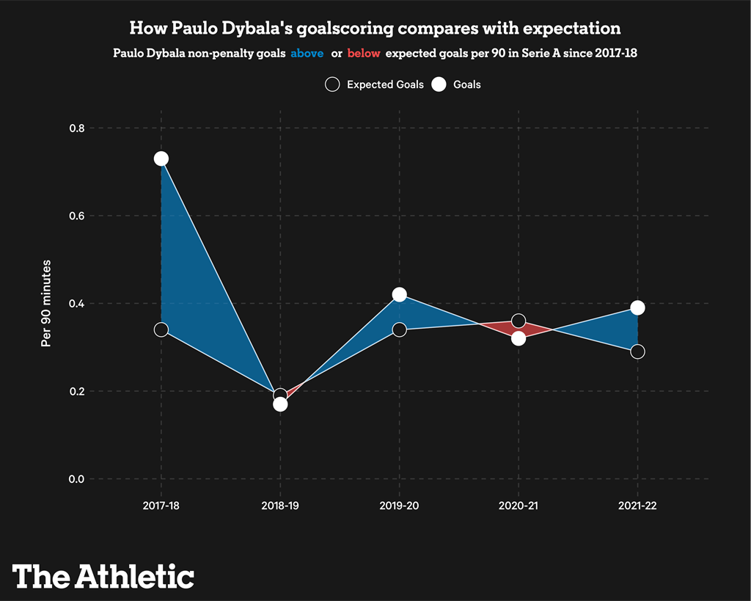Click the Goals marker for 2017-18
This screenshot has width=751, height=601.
coord(161,159)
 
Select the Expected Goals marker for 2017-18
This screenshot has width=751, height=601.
coord(161,329)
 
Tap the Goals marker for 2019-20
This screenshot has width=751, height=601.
coord(399,294)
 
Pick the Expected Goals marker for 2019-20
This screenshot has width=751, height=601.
coord(399,329)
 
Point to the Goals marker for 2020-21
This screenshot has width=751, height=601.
coord(519,338)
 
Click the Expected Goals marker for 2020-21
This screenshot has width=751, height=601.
coord(519,321)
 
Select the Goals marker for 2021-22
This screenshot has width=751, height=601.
coord(637,307)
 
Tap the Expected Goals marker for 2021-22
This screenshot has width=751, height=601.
coord(637,352)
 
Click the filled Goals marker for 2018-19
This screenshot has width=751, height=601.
coord(280,404)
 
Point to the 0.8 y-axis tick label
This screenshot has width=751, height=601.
coord(76,128)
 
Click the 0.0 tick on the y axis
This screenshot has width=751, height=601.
coord(76,479)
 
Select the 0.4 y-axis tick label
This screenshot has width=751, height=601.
coord(76,304)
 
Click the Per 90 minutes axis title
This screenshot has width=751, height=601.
coord(46,303)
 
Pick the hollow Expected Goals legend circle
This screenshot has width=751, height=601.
coord(332,84)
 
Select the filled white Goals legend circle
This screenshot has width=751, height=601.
coord(439,84)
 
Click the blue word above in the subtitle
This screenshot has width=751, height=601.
coord(307,54)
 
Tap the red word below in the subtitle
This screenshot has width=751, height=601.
coord(364,54)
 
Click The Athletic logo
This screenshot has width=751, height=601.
coord(103,575)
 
